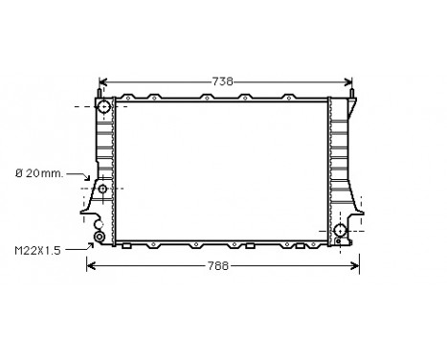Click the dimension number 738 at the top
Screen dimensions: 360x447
coord(222,82)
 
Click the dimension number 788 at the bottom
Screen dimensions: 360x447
coord(219,265)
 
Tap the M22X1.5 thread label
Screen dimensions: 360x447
coord(37,250)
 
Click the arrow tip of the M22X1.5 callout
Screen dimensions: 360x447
coord(91,243)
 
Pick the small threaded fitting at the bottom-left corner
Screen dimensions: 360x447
coord(99,235)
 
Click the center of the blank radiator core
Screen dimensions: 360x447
coord(222,170)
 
